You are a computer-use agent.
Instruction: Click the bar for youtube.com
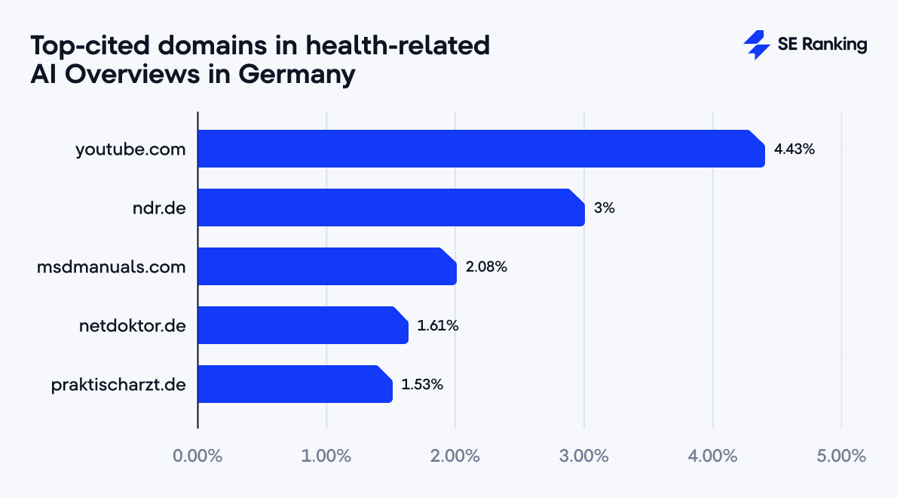[481, 149]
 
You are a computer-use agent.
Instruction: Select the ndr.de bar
[391, 207]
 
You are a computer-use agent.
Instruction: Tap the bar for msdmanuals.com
[327, 266]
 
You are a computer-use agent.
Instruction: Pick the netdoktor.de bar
[303, 325]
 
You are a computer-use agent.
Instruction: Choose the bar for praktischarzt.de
[295, 384]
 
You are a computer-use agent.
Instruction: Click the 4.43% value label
[794, 149]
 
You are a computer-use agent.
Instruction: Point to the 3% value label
[605, 208]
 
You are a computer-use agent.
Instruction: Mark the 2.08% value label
[486, 267]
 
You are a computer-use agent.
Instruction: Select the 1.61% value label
[438, 326]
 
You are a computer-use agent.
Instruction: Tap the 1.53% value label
[422, 385]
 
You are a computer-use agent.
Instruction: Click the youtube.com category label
[130, 149]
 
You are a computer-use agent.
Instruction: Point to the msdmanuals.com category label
[111, 267]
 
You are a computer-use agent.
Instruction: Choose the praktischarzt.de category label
[118, 385]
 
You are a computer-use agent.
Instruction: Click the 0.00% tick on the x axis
[197, 456]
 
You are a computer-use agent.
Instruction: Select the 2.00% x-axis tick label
[455, 456]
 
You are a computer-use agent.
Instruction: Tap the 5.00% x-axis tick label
[841, 456]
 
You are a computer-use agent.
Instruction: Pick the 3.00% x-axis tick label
[584, 456]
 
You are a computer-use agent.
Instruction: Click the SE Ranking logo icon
[756, 45]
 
